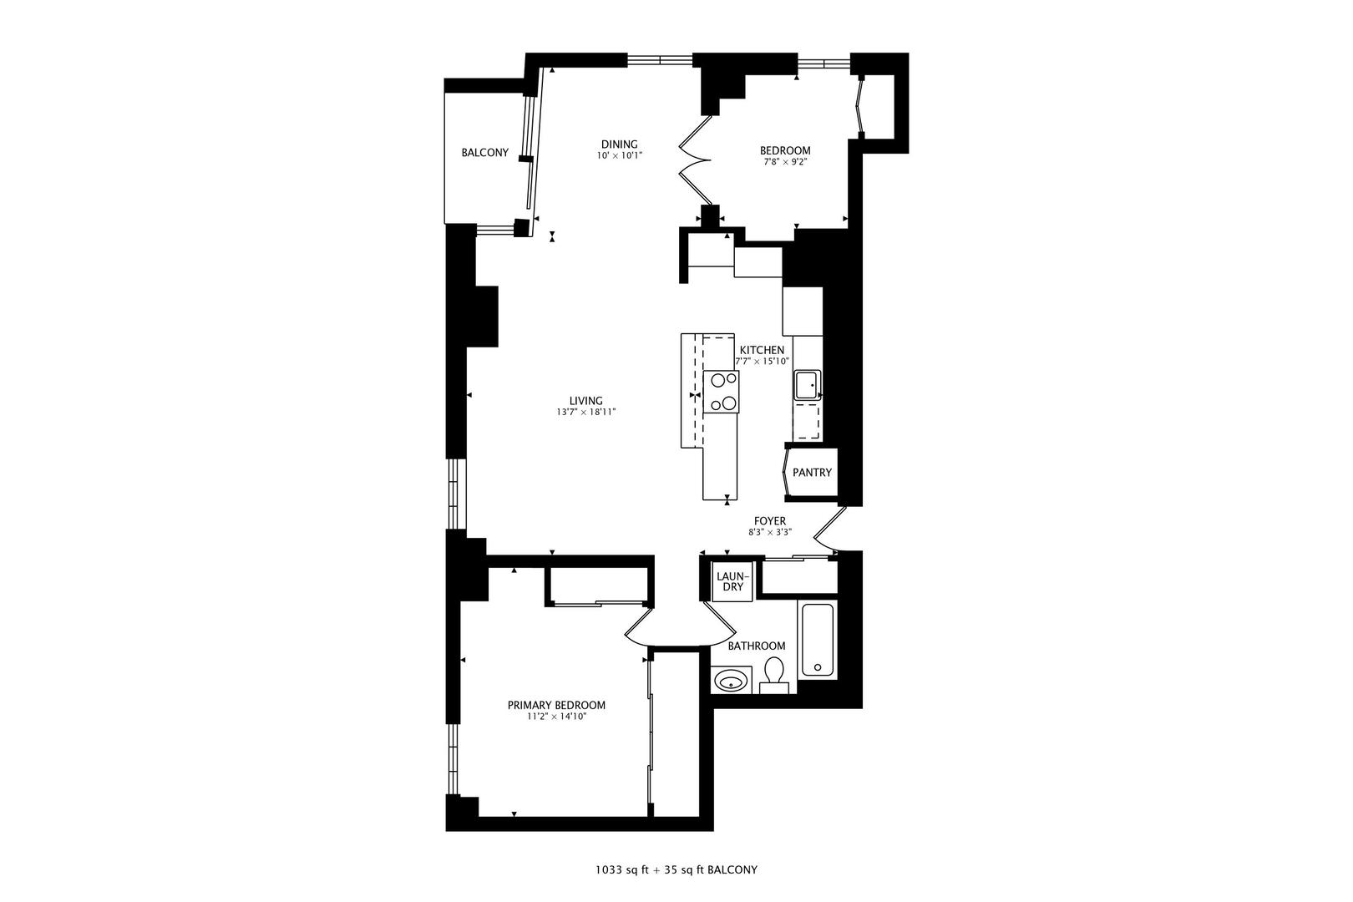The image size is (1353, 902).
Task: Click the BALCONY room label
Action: click(x=484, y=153)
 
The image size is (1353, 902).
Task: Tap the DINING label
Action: click(x=619, y=144)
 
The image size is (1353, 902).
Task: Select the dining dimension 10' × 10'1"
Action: click(x=619, y=156)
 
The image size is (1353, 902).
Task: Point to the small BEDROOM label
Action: click(x=784, y=150)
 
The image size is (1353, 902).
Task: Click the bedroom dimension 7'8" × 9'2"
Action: click(x=784, y=162)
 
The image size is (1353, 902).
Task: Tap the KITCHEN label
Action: click(x=762, y=350)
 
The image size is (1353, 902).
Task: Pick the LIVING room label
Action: click(x=585, y=401)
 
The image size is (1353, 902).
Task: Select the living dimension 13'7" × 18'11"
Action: click(x=585, y=413)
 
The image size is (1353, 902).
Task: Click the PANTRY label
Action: click(x=812, y=473)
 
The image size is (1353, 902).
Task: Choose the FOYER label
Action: click(x=769, y=521)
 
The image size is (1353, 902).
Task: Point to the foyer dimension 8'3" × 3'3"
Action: click(x=769, y=532)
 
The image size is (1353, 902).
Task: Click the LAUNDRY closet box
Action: click(x=732, y=581)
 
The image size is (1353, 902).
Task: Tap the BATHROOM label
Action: click(x=756, y=646)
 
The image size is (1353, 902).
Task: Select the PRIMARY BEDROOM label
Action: click(x=556, y=705)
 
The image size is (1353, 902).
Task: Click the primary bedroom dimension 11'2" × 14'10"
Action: click(x=556, y=717)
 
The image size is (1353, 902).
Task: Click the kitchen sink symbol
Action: click(x=807, y=385)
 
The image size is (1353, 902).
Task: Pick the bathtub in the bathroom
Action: click(x=817, y=640)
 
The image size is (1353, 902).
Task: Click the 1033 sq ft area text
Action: click(x=621, y=869)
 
